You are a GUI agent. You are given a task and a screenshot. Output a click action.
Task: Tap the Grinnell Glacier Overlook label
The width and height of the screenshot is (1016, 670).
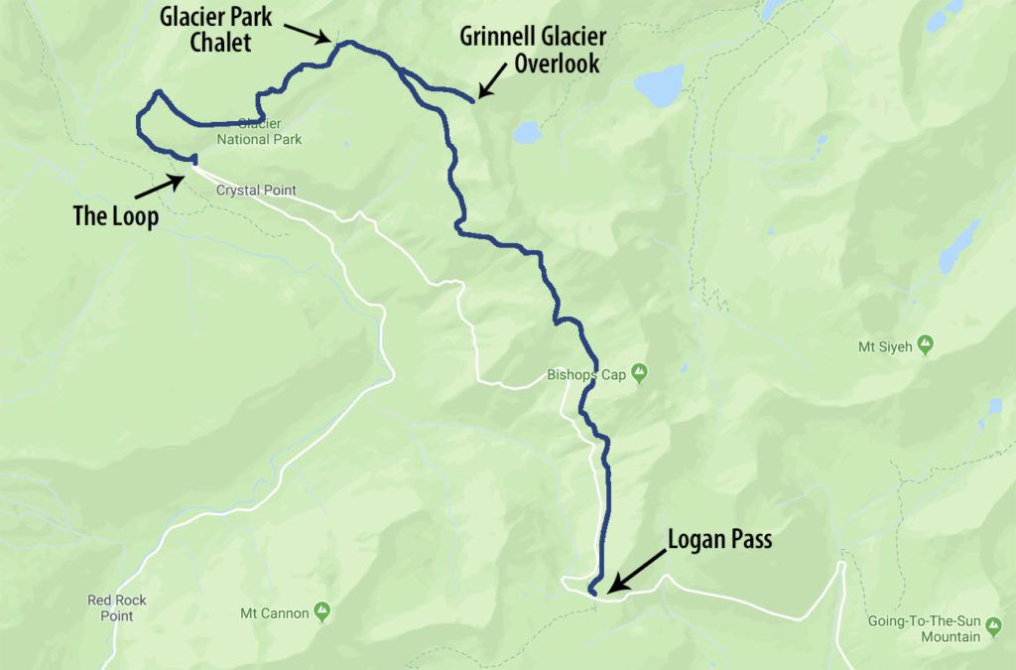pyautogui.click(x=533, y=50)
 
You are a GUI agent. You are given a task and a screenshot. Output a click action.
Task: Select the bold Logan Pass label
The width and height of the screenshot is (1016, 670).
pyautogui.click(x=719, y=540)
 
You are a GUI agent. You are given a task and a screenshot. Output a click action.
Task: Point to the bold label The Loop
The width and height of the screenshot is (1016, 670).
pyautogui.click(x=115, y=216)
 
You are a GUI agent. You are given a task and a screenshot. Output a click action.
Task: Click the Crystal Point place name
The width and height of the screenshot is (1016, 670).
pyautogui.click(x=256, y=191)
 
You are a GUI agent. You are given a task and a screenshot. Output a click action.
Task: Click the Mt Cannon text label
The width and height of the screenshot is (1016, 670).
pyautogui.click(x=274, y=613)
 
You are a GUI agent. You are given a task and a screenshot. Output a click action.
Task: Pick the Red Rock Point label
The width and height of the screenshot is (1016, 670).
pyautogui.click(x=110, y=607)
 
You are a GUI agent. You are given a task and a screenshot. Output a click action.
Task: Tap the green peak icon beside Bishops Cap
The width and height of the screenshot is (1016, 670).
pyautogui.click(x=640, y=373)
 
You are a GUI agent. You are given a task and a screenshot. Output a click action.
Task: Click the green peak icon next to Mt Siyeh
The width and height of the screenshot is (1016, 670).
pyautogui.click(x=925, y=345)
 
